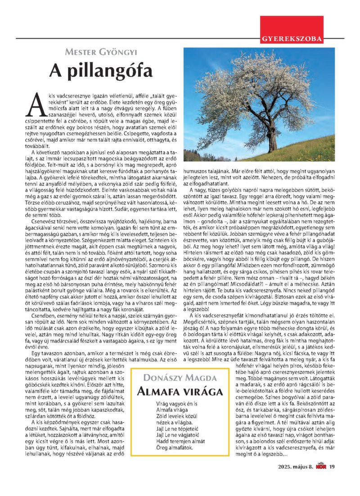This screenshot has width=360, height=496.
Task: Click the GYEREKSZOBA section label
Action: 291,39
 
